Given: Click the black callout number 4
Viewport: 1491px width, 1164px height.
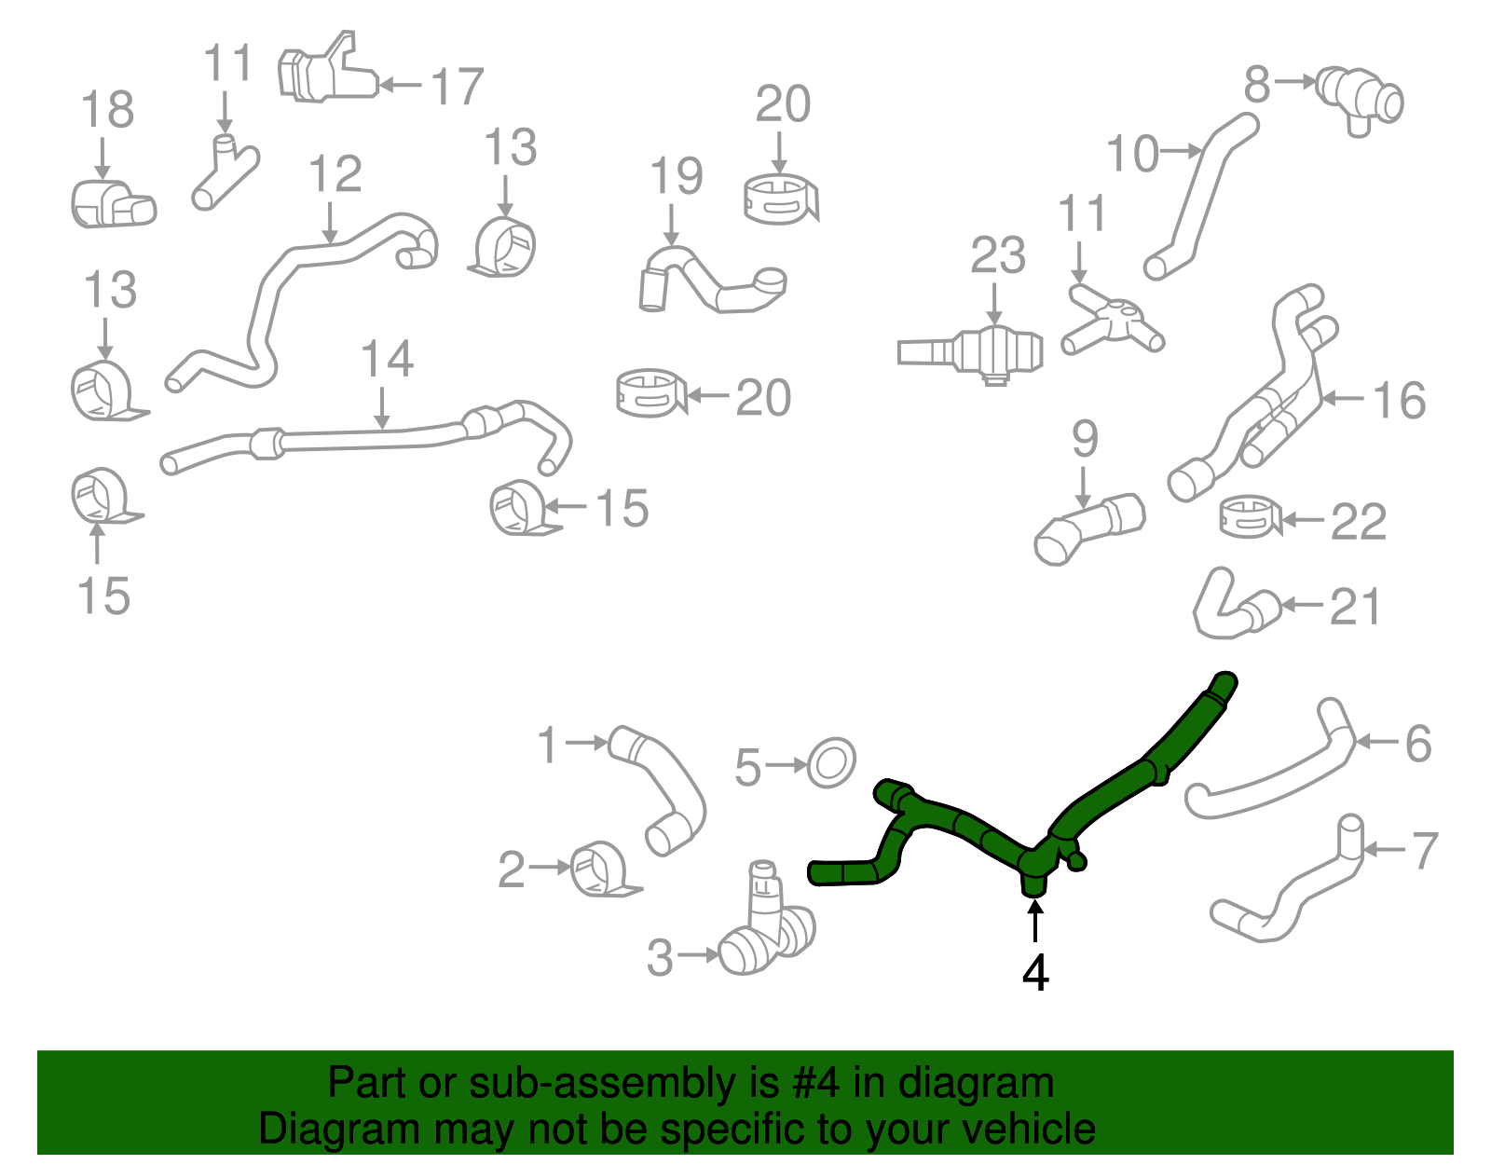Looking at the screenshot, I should (1035, 973).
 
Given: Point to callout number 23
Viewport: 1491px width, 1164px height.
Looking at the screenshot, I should (997, 255).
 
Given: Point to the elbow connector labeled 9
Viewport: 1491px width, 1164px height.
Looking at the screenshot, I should (1088, 528).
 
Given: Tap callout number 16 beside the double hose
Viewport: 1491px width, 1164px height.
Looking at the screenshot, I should (1399, 401).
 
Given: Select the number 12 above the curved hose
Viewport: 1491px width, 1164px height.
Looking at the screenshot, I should (335, 174).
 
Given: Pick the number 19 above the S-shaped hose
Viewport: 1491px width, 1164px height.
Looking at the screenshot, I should (676, 177).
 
